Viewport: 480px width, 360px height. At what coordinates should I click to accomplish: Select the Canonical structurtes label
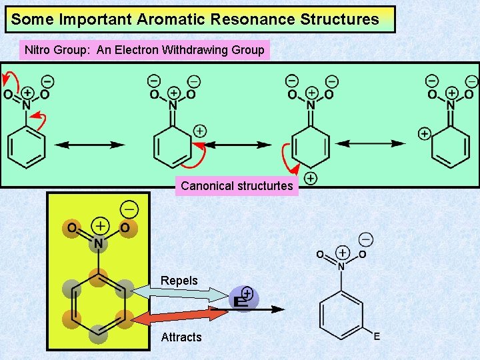237,186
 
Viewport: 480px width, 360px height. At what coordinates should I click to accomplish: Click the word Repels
179,281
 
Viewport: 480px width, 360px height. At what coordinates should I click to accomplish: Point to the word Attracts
181,337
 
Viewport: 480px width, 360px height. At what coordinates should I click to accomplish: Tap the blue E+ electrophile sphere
243,299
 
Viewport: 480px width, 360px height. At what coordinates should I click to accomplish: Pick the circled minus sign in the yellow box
129,209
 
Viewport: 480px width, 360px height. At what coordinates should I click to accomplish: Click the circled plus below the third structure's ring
311,178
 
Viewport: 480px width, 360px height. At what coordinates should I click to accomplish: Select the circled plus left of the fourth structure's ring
424,134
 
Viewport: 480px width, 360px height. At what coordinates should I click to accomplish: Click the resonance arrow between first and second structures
89,145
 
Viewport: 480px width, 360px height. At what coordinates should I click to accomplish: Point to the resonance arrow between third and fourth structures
371,143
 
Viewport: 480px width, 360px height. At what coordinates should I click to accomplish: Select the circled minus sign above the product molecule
365,239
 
